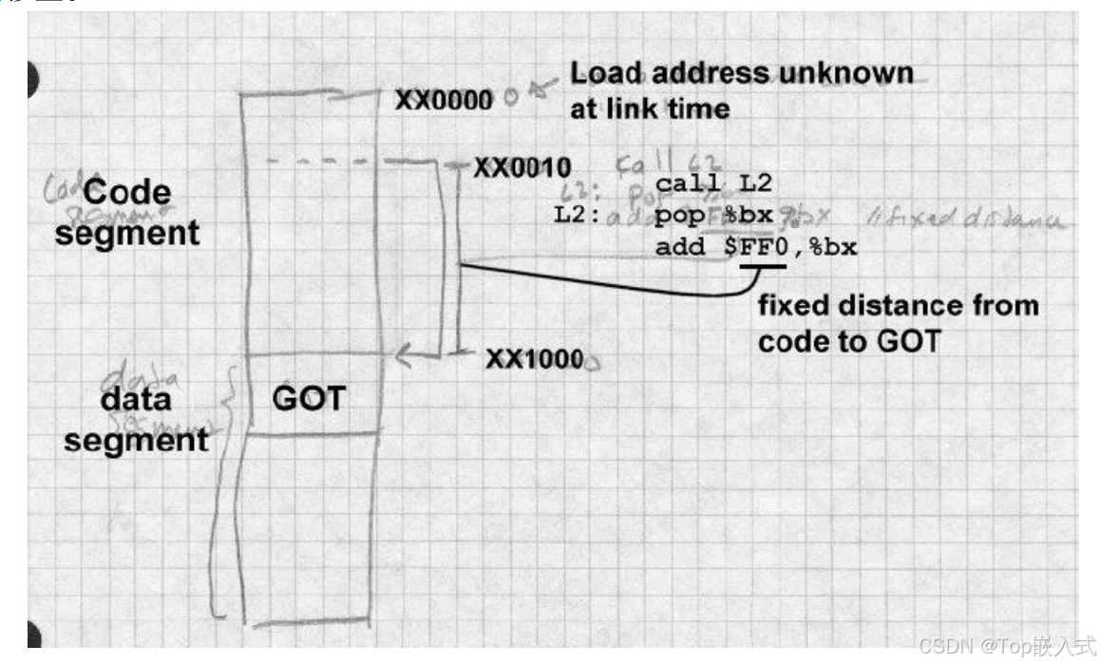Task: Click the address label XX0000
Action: click(x=443, y=99)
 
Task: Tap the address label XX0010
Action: click(x=522, y=168)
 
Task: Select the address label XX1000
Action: click(x=534, y=359)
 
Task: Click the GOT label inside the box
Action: click(x=308, y=398)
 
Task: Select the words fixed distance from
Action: click(x=897, y=305)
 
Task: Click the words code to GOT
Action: click(x=848, y=340)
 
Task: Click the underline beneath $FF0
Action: click(x=763, y=267)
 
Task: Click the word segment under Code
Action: click(x=126, y=232)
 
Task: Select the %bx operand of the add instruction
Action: click(x=835, y=248)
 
